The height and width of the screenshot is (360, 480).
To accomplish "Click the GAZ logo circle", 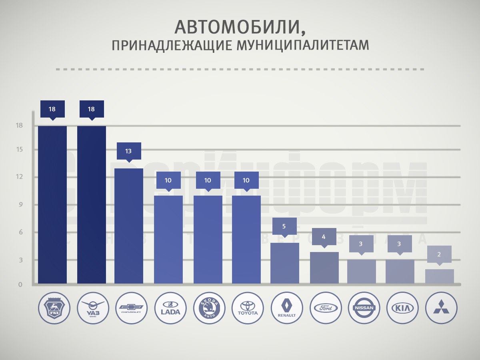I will click(x=54, y=308).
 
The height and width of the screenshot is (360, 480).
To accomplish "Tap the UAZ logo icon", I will click(x=92, y=308).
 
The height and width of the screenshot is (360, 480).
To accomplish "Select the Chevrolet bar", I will click(x=129, y=226).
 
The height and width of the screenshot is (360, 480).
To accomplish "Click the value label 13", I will click(x=128, y=151).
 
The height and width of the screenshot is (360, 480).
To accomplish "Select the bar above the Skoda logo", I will click(x=208, y=240).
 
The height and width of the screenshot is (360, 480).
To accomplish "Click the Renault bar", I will click(x=285, y=263).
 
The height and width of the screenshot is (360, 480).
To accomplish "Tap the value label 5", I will click(x=284, y=226).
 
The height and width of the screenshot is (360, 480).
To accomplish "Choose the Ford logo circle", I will click(x=325, y=308).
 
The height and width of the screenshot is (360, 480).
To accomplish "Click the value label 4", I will click(x=324, y=236).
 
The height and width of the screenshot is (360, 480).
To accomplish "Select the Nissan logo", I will click(x=364, y=308).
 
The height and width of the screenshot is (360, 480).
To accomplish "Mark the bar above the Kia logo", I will click(x=400, y=272).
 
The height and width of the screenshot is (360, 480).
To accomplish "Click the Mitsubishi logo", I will click(x=441, y=308).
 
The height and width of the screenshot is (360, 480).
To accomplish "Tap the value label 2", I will click(x=439, y=254).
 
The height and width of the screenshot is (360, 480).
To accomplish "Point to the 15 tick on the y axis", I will click(x=19, y=150).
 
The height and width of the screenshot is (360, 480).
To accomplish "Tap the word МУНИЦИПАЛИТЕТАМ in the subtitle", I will click(x=302, y=46).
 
